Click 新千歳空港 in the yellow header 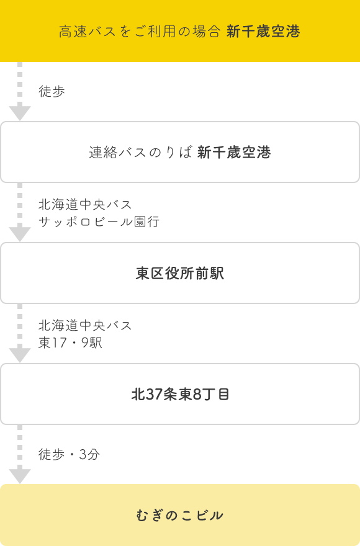point(263,32)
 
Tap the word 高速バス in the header point(87,32)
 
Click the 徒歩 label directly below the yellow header point(52,91)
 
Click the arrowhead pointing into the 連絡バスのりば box point(20,112)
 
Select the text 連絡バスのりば point(140,152)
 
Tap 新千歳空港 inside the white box point(234,152)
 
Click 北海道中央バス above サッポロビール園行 point(85,204)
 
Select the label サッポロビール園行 point(99,222)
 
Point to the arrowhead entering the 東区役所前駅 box point(20,232)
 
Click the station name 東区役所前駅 point(180,274)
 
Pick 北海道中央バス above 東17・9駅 point(85,325)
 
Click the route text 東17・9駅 point(70,342)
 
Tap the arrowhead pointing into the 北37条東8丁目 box point(20,353)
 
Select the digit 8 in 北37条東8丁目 point(197,395)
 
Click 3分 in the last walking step point(89,454)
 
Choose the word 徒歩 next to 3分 point(52,454)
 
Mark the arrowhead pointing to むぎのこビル point(20,474)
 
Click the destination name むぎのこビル point(180,516)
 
